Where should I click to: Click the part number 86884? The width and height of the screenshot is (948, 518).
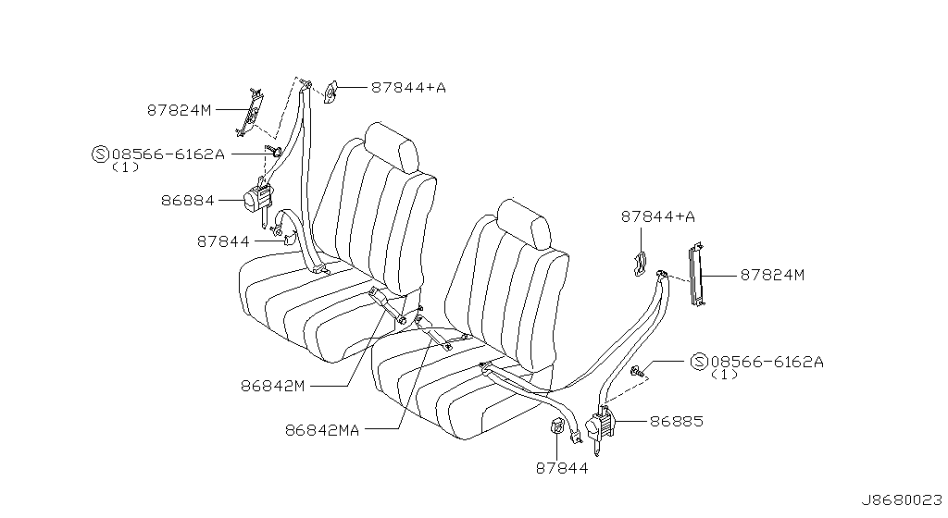(x=187, y=201)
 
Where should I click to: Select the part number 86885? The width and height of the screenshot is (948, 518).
(x=677, y=421)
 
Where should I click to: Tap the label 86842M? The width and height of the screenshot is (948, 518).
(x=273, y=385)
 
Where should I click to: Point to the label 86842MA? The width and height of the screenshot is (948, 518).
(x=321, y=430)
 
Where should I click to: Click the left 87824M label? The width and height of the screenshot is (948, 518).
(x=179, y=110)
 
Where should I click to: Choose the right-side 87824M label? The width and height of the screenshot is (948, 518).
(x=773, y=275)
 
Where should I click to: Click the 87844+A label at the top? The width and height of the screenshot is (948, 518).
(x=408, y=88)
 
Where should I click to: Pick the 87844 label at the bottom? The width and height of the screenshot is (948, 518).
(x=562, y=468)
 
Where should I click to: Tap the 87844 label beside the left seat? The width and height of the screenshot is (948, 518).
(x=223, y=241)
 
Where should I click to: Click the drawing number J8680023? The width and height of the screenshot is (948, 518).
(x=902, y=499)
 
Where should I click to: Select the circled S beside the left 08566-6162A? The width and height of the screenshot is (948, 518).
(x=100, y=154)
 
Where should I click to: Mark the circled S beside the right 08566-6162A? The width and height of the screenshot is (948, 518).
(x=698, y=362)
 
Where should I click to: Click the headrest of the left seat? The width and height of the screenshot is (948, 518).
(x=392, y=147)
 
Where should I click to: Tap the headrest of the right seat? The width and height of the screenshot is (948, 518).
(x=524, y=224)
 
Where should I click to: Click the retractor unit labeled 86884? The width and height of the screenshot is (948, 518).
(x=259, y=199)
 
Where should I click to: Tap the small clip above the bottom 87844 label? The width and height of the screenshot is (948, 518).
(x=555, y=426)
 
